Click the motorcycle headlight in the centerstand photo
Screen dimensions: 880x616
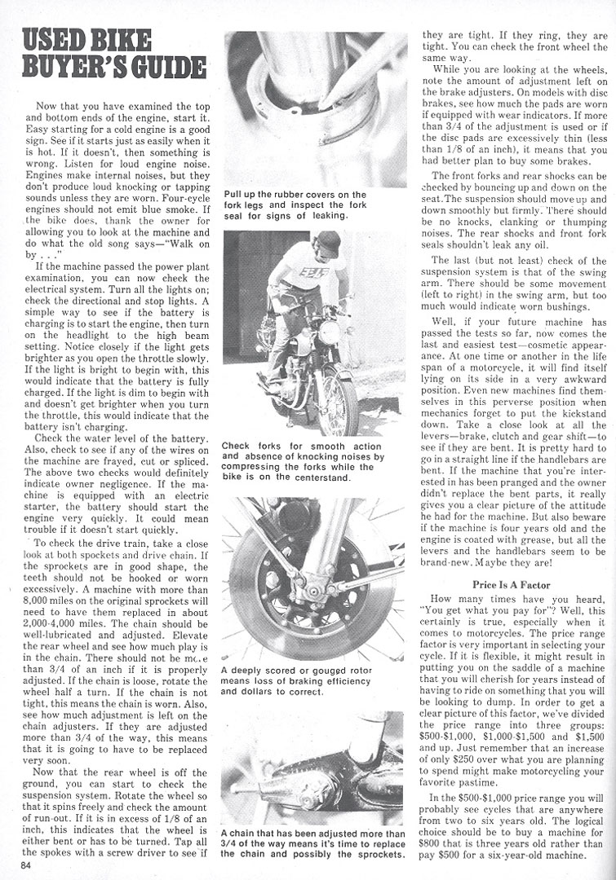[x=329, y=332]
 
